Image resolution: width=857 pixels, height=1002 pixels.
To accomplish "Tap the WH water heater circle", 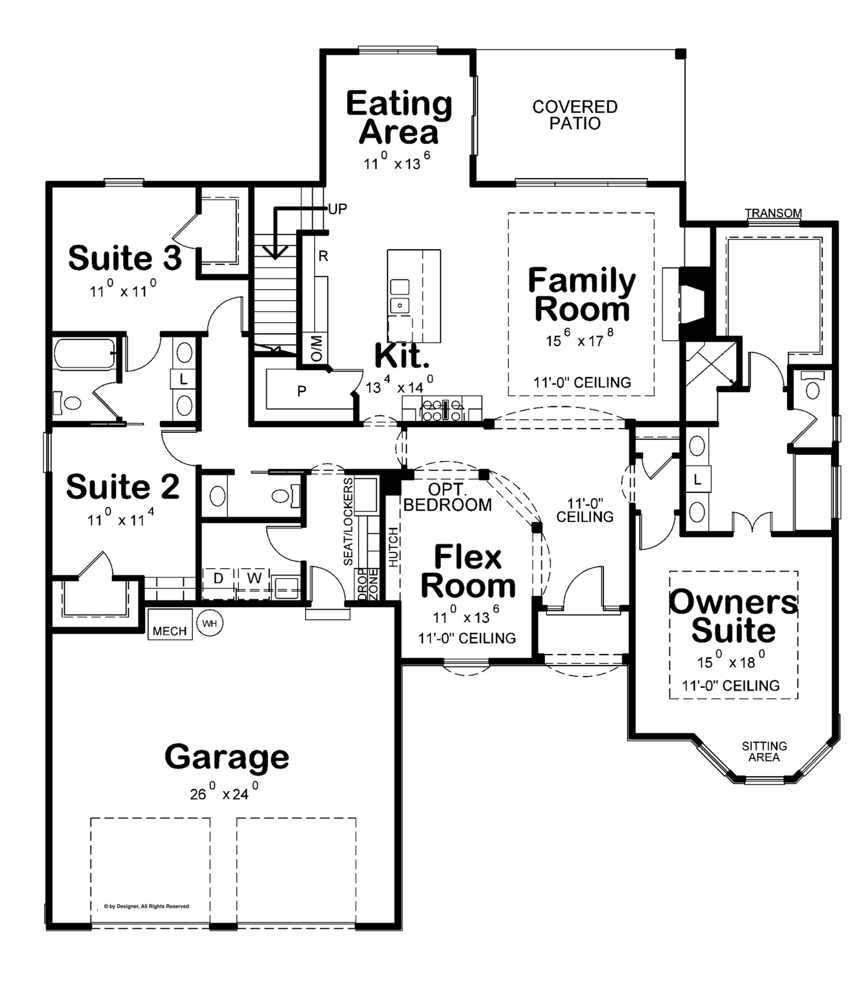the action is [210, 623].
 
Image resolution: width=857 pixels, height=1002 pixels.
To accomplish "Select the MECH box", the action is [170, 624].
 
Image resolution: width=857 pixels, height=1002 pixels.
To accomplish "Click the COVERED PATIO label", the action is [575, 115].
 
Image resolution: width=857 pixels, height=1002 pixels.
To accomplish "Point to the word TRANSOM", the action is [773, 213].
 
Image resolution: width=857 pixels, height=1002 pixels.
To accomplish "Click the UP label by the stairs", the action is [338, 209].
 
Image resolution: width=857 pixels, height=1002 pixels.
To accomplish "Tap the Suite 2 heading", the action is [123, 487].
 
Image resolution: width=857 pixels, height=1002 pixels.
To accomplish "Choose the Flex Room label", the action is [468, 571].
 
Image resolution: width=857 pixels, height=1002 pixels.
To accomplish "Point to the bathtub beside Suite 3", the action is [85, 354].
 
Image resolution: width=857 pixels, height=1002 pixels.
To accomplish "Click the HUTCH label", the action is [393, 547].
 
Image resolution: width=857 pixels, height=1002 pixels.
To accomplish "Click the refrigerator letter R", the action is [323, 256].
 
